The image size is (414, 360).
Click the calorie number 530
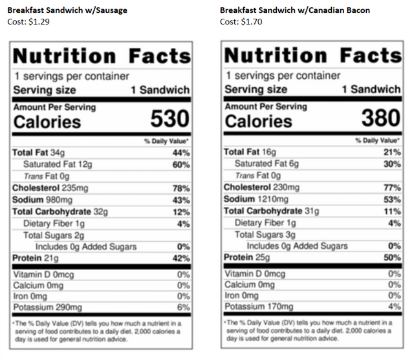click(169, 119)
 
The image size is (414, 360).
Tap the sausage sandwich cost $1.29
click(30, 22)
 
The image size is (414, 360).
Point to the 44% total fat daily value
click(181, 153)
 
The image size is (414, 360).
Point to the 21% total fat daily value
click(392, 152)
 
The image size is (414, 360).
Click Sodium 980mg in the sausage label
click(43, 200)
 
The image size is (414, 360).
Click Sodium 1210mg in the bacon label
click(256, 199)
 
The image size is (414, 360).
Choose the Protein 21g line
click(36, 259)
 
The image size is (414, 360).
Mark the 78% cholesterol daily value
click(181, 188)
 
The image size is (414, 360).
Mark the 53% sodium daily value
click(392, 199)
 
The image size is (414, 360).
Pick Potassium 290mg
click(47, 308)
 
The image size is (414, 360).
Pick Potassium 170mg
click(258, 307)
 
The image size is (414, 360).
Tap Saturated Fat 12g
click(58, 164)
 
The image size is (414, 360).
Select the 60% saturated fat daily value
click(181, 164)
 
